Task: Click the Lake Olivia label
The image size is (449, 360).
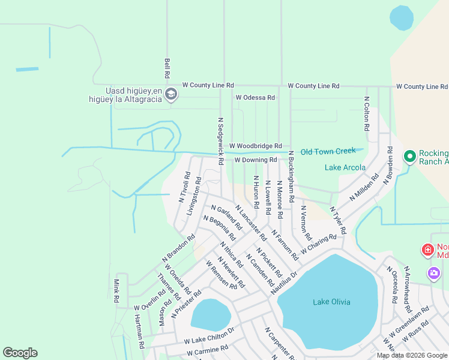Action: coord(331,302)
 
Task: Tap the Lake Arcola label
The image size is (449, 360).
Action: coord(345,167)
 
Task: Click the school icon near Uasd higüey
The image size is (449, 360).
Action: coord(171,93)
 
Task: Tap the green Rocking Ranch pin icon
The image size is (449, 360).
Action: coord(410,157)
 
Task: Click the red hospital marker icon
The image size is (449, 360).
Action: coord(428,250)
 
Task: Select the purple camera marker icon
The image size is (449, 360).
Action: coord(434,274)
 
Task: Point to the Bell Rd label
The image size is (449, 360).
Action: coord(167,68)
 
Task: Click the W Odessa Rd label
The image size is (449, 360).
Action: coord(255,97)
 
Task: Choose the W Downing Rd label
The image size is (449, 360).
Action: coord(255,160)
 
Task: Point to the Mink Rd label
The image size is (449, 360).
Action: coord(117,290)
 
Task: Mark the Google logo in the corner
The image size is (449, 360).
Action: coord(20,353)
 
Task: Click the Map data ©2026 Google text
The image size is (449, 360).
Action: coord(412,355)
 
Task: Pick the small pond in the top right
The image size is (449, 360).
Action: coord(401,17)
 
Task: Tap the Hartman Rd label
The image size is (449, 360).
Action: coord(139,332)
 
